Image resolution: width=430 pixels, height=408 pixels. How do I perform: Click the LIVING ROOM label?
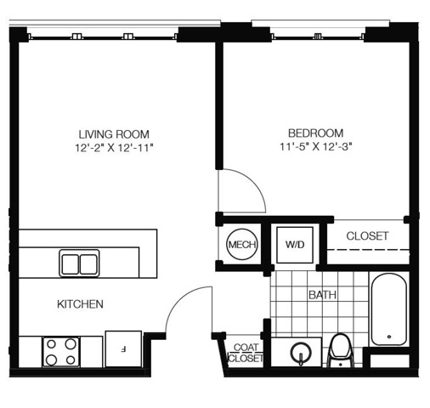pos(114,134)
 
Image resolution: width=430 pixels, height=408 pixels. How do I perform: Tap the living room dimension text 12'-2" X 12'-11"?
pos(114,148)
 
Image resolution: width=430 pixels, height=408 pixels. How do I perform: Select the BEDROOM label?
pos(315,133)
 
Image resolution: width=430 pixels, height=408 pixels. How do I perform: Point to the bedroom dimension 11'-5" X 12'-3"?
pos(316,147)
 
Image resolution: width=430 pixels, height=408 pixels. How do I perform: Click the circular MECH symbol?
pos(242,244)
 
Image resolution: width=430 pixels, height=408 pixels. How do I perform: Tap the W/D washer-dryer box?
pos(295,245)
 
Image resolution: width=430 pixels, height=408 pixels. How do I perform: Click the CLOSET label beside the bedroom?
pos(367,236)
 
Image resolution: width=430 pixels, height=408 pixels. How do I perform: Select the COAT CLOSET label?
pos(246,353)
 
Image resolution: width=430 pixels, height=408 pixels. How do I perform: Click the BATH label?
pos(322,295)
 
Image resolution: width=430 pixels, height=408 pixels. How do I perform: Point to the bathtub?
pos(389,309)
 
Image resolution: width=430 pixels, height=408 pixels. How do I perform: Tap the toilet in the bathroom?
pos(340,351)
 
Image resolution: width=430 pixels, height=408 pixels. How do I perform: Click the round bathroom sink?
pos(301,353)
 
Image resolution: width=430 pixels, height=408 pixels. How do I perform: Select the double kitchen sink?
pos(79,263)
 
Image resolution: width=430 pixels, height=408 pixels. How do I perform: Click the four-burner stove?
pos(61,352)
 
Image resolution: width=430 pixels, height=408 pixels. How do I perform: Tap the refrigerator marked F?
pos(123,348)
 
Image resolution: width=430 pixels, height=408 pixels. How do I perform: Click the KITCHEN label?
pos(80,304)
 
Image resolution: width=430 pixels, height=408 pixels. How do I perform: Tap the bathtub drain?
pos(389,337)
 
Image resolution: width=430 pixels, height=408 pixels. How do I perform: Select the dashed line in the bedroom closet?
pos(368,250)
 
